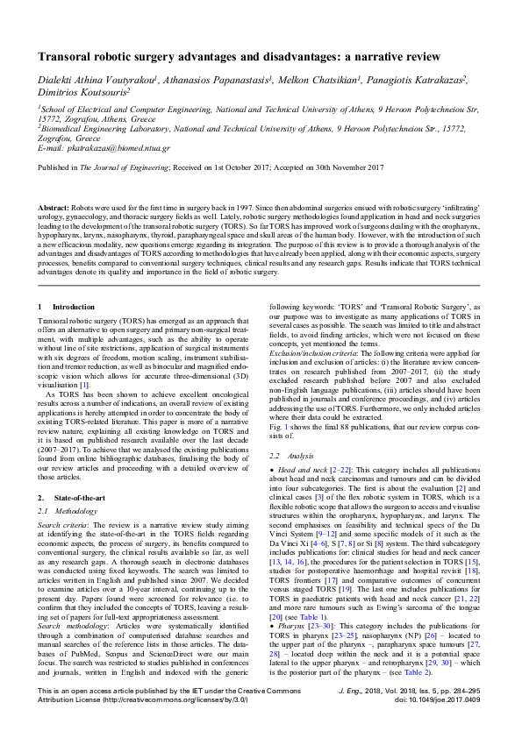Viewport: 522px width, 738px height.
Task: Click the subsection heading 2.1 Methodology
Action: [72, 509]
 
